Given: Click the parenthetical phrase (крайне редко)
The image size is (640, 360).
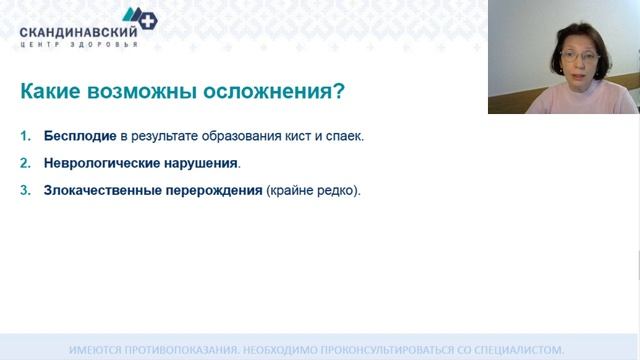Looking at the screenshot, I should tap(313, 188).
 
